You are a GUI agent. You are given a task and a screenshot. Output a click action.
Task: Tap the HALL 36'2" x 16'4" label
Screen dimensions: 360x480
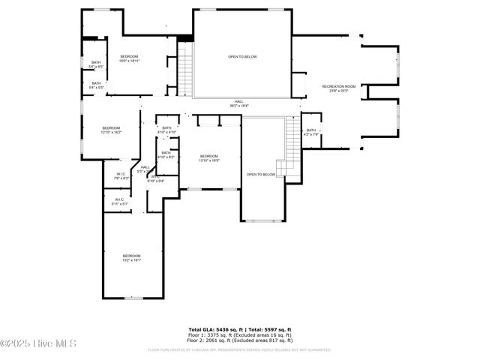239,104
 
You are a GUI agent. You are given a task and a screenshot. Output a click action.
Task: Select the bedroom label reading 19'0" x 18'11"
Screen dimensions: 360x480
129,59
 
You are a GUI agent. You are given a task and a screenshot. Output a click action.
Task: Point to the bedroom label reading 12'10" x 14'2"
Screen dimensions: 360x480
111,130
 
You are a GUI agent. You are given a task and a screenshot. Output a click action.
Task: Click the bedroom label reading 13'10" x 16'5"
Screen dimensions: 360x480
208,158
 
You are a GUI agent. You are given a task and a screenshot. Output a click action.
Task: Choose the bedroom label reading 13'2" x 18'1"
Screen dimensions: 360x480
131,258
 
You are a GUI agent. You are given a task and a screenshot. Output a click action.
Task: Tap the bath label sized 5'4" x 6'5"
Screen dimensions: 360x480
96,64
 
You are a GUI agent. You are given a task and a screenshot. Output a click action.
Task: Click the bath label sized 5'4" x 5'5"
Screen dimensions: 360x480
96,85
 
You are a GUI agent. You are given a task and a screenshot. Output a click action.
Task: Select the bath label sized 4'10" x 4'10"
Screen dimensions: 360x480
166,130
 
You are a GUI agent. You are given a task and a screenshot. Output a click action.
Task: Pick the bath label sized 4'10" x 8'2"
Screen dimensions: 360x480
166,155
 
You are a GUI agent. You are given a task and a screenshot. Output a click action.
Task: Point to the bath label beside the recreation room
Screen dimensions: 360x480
311,133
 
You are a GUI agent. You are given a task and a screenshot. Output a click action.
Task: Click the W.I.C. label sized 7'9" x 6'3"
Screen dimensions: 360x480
120,177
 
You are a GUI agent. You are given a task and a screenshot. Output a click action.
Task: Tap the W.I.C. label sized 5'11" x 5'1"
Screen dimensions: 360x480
120,202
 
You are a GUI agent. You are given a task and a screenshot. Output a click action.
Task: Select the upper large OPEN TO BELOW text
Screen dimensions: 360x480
242,56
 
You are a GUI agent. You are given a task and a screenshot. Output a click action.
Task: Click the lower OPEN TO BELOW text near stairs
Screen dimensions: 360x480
261,175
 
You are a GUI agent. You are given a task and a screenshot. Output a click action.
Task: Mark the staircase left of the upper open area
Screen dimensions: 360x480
184,71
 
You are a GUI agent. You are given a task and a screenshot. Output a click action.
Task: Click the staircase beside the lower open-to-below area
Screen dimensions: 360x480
291,145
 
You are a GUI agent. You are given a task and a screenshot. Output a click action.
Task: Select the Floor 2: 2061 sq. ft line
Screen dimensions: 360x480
239,340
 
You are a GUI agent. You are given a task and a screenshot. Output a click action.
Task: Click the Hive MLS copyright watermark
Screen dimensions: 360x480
39,344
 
